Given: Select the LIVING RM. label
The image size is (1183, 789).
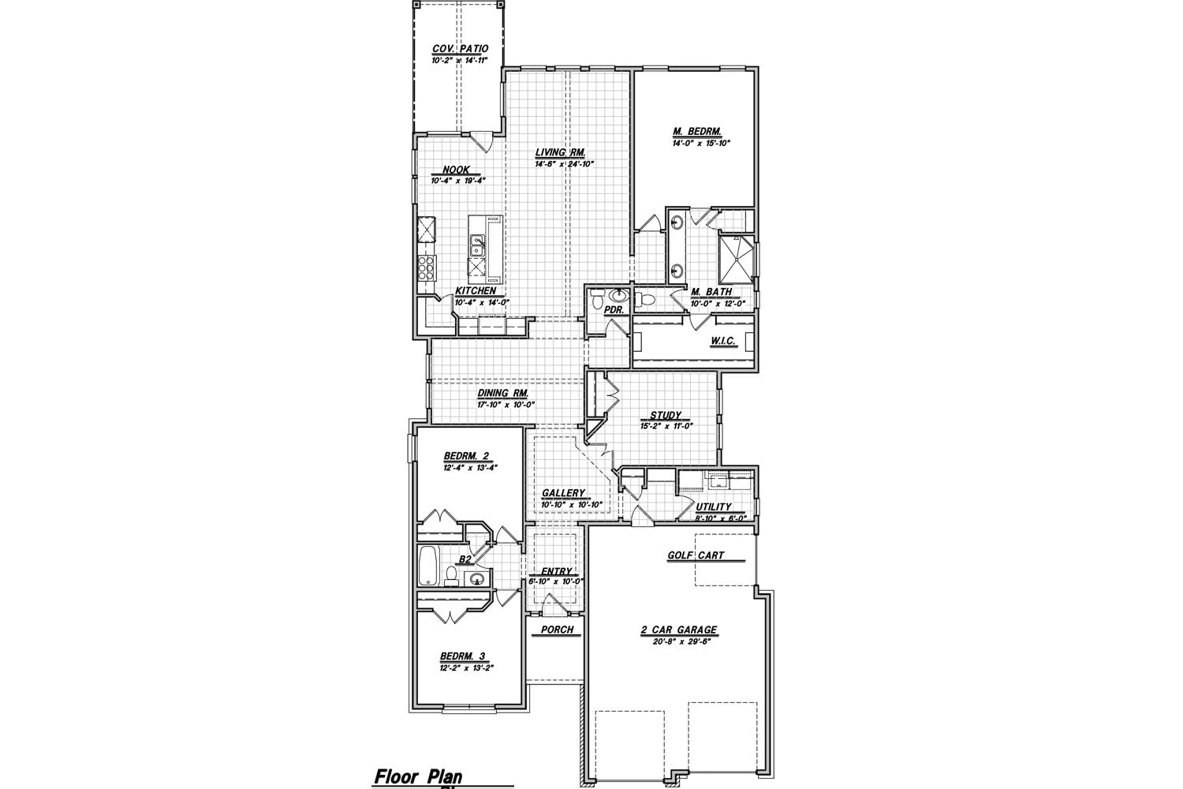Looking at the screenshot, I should coord(559,153).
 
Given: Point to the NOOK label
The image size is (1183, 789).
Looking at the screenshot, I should coord(456,170).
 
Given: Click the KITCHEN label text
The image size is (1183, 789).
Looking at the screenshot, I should coord(476,291).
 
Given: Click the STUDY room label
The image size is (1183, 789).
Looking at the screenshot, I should coord(666,415).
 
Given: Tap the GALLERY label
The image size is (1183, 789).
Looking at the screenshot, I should coord(563,493).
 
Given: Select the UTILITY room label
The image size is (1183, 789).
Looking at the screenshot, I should coord(714,507).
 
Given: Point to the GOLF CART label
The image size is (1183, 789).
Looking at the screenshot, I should coord(696,555).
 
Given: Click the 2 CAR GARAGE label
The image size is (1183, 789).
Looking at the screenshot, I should coord(679,630).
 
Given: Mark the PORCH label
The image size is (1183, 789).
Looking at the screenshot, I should coord(557,630).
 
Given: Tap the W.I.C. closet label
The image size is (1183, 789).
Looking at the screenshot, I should coord(722,341).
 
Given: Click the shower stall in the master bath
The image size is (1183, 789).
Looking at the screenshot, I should coord(736,259).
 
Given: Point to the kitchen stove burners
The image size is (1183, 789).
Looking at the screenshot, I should coord(427,268).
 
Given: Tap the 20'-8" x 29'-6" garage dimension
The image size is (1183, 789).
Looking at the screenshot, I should coord(679,641).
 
